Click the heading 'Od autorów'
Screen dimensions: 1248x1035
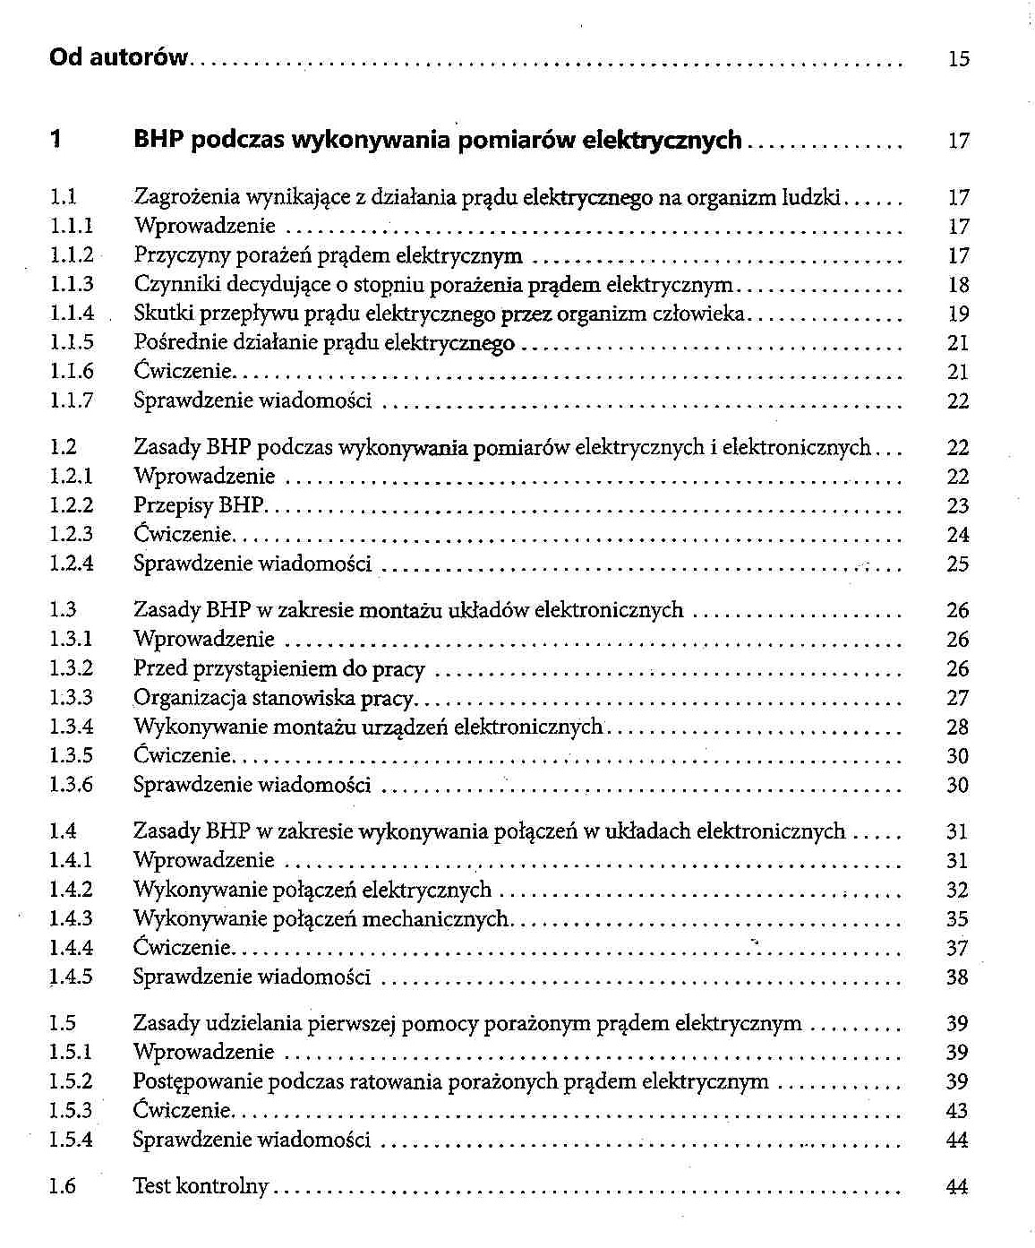pos(118,57)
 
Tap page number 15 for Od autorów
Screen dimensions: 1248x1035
pos(958,59)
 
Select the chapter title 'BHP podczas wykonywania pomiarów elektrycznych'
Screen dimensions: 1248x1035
pos(437,140)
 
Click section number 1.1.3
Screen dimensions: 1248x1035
pos(72,285)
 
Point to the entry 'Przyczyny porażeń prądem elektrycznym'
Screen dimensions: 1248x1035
pos(328,256)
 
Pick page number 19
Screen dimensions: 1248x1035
pos(958,314)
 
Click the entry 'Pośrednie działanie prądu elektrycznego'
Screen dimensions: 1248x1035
pos(324,343)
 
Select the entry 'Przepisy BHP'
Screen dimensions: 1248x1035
pos(199,505)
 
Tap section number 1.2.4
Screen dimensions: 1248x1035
pos(72,564)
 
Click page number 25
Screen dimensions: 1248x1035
pos(958,564)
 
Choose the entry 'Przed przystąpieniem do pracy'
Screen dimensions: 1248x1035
pos(278,669)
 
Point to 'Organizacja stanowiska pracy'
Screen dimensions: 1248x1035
pos(273,698)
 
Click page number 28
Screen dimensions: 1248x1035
pos(958,727)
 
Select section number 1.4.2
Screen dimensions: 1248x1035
pos(72,890)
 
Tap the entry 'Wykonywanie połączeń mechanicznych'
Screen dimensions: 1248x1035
pos(321,919)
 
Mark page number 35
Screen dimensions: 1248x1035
pos(957,919)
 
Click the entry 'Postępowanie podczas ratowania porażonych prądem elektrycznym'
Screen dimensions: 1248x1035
pos(450,1081)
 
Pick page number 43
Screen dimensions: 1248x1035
pos(957,1111)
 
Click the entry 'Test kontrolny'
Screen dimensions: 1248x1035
pos(201,1186)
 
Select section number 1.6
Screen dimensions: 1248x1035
pos(63,1186)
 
